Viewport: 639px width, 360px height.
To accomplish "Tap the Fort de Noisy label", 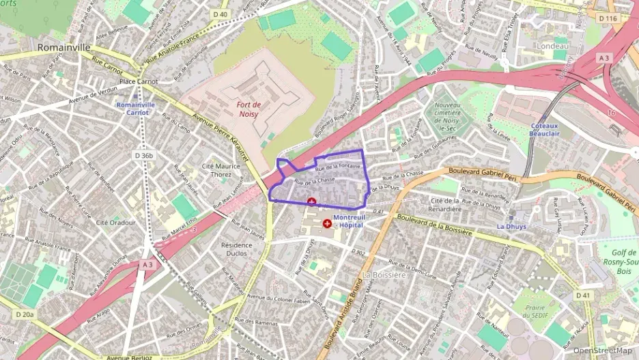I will (249, 109).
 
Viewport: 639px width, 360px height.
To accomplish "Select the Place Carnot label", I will (138, 82).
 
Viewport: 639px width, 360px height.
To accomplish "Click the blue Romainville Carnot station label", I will (135, 109).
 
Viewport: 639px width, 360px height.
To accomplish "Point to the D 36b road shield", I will (143, 156).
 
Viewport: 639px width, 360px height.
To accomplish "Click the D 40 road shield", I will (220, 14).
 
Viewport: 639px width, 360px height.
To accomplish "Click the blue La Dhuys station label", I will (511, 226).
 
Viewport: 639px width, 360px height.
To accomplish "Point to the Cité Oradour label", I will (115, 222).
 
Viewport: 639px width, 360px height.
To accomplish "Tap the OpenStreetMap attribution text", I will (602, 350).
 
